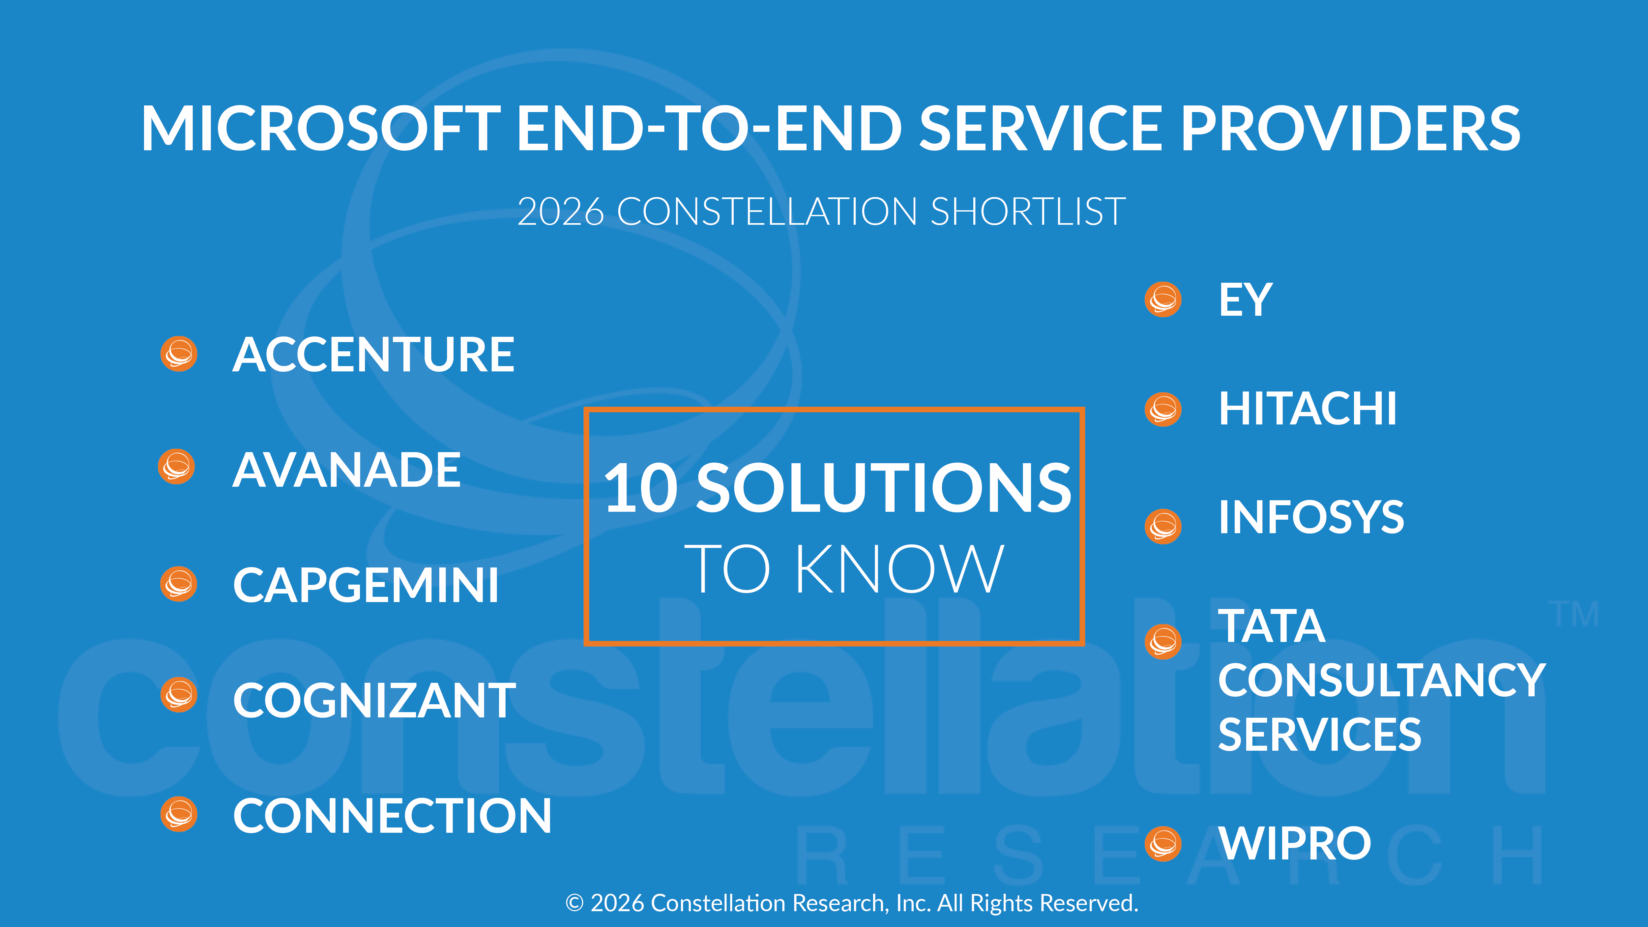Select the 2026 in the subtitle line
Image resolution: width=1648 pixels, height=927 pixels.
tap(560, 212)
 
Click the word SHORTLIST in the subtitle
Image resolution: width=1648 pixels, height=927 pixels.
tap(1027, 212)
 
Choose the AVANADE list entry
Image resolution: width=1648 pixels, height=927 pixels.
tap(346, 470)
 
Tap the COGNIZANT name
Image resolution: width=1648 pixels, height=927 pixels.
tap(374, 701)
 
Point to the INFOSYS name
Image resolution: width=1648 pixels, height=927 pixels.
tap(1311, 518)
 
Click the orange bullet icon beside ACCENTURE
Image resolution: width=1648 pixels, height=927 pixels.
tap(179, 354)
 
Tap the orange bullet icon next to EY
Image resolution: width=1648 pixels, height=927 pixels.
tap(1162, 300)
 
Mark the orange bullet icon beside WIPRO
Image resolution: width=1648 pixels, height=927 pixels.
tap(1162, 844)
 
